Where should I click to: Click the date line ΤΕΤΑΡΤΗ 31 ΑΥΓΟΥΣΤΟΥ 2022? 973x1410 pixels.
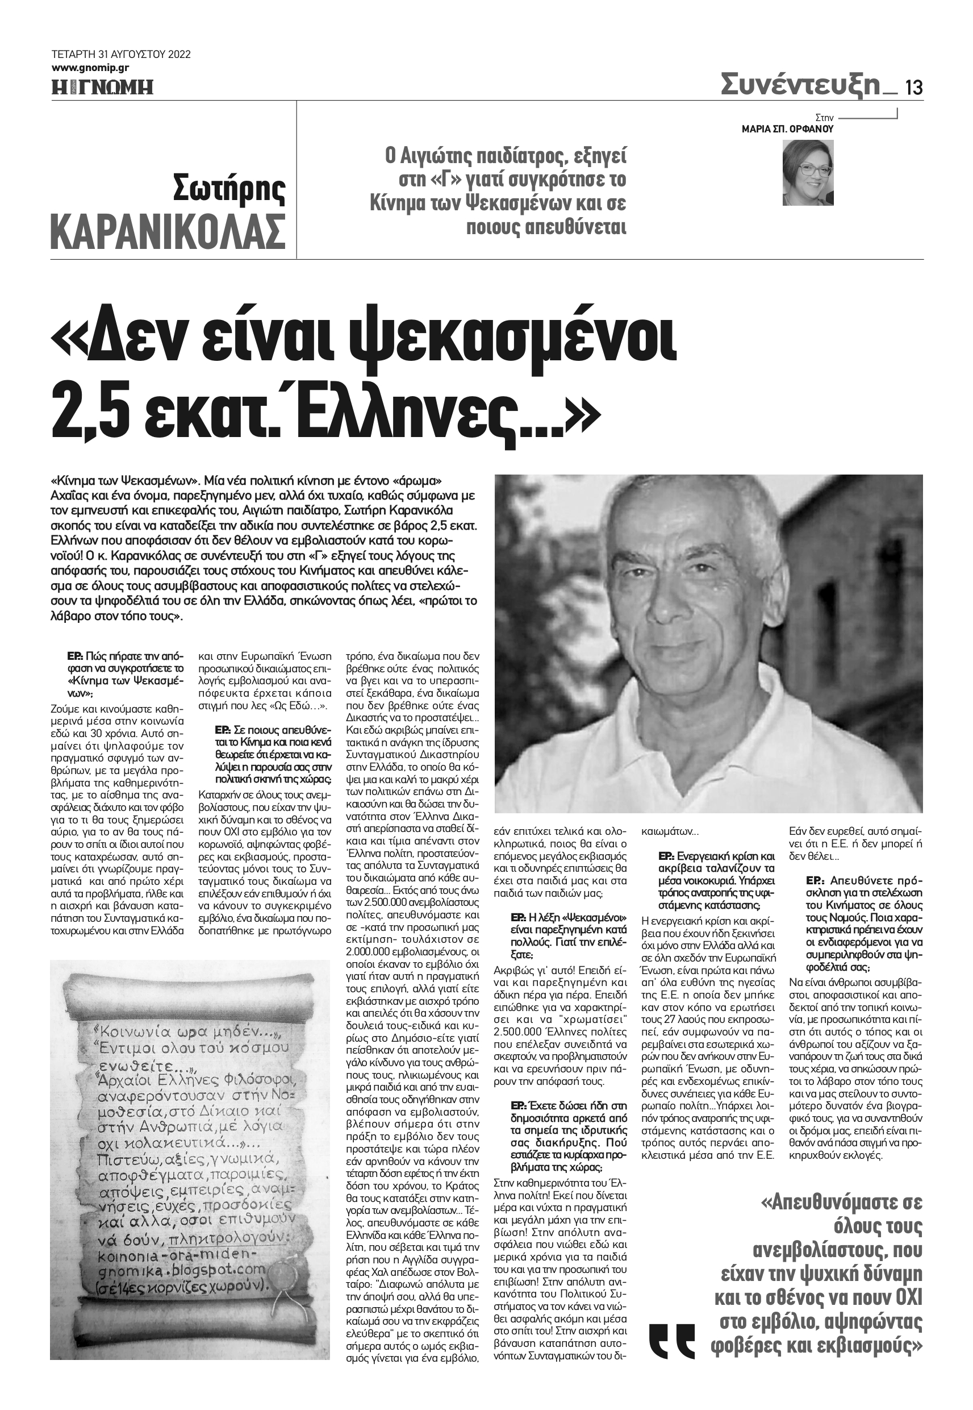(x=121, y=55)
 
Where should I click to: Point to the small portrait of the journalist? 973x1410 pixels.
(x=808, y=173)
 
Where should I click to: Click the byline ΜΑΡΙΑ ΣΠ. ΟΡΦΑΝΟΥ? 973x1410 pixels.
(x=787, y=129)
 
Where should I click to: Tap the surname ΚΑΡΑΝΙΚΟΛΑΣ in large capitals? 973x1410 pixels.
(x=168, y=231)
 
